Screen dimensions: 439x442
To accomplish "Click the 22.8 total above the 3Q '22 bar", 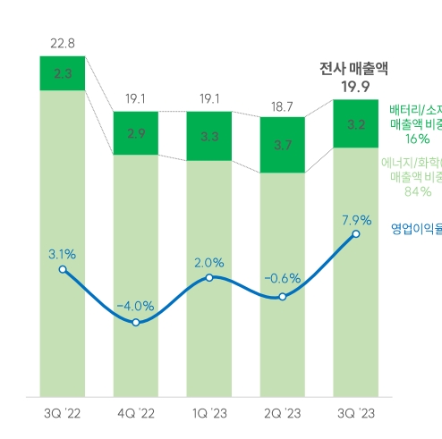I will [x=63, y=42].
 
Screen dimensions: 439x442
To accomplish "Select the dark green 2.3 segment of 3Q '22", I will [x=63, y=74].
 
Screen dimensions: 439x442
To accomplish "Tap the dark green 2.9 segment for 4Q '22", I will [x=136, y=133].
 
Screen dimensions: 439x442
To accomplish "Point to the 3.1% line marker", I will [x=63, y=244].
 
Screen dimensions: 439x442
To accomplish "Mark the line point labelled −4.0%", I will [x=136, y=322].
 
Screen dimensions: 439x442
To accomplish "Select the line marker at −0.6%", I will [x=283, y=296].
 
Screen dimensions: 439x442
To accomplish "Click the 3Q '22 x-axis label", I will [x=63, y=413].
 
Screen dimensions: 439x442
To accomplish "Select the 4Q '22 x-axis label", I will [x=136, y=413].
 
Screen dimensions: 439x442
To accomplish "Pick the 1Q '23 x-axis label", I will [x=209, y=413].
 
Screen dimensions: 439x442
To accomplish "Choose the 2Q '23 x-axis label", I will [x=283, y=413].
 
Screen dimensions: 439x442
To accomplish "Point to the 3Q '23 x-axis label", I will [x=356, y=413].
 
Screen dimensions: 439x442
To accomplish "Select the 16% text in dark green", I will [x=417, y=139].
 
